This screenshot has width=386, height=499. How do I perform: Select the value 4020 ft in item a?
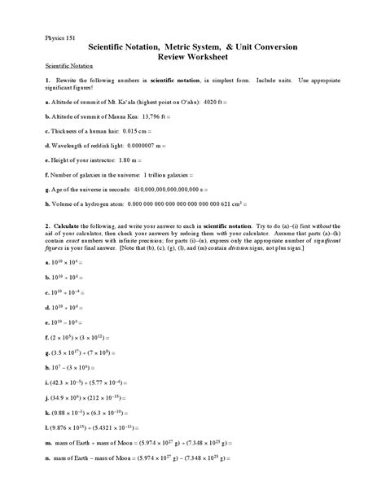coord(232,105)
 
